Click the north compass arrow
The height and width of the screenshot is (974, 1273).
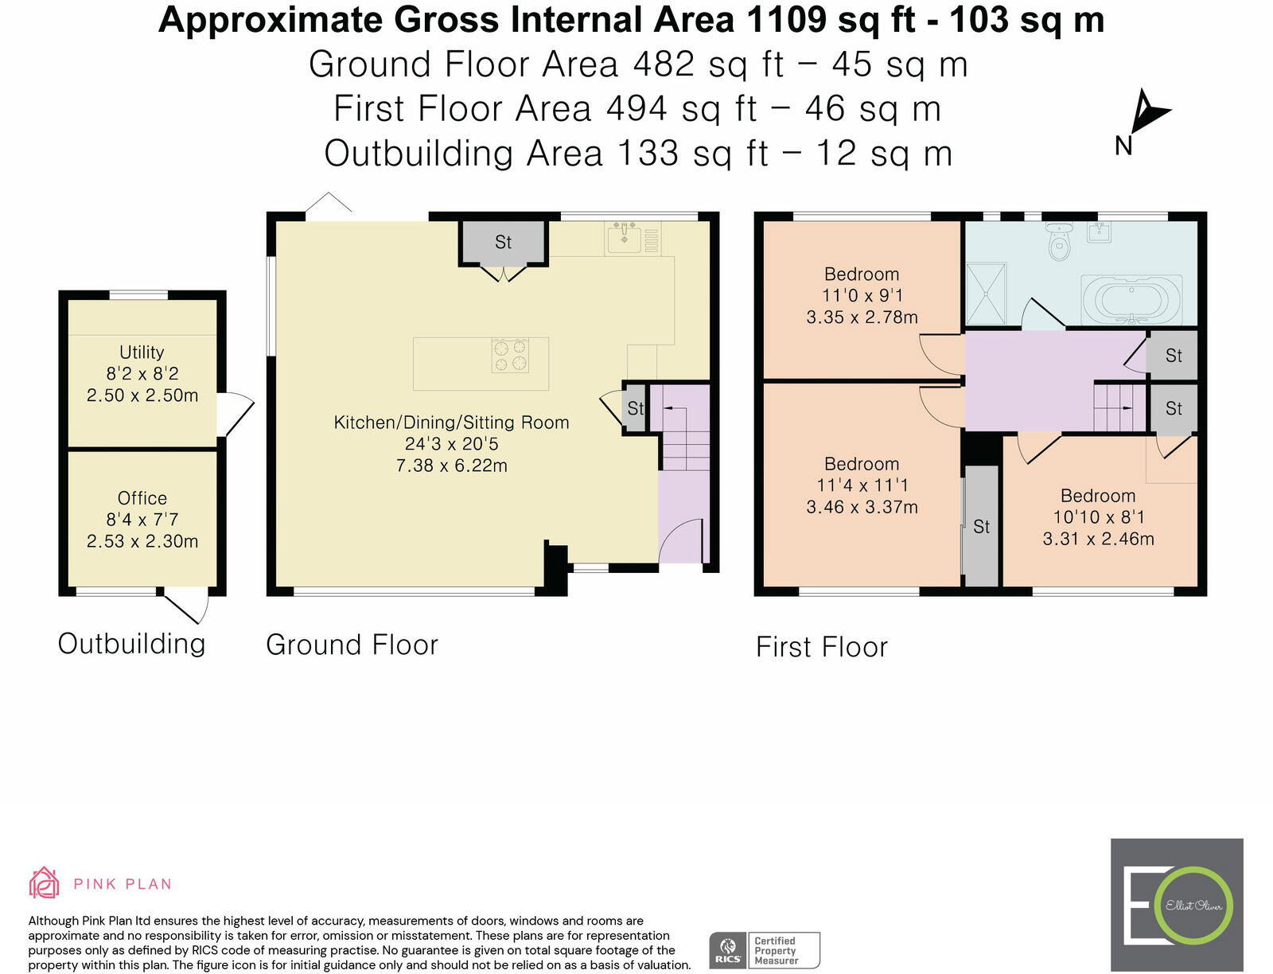pyautogui.click(x=1148, y=114)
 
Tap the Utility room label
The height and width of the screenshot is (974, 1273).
pyautogui.click(x=142, y=353)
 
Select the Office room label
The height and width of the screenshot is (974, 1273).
pyautogui.click(x=142, y=498)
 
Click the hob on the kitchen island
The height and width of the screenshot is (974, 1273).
pyautogui.click(x=510, y=355)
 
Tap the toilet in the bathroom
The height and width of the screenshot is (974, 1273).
pyautogui.click(x=1059, y=240)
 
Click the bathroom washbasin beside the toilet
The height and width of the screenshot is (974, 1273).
pyautogui.click(x=1100, y=232)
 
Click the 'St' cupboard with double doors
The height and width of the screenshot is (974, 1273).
pyautogui.click(x=503, y=242)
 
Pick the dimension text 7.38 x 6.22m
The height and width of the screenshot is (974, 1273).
pyautogui.click(x=451, y=466)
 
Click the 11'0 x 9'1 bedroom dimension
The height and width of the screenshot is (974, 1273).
pyautogui.click(x=862, y=296)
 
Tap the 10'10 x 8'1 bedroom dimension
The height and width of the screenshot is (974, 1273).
pyautogui.click(x=1098, y=517)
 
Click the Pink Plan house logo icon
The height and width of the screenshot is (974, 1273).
pyautogui.click(x=45, y=882)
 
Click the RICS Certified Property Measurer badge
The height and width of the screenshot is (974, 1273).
pyautogui.click(x=765, y=950)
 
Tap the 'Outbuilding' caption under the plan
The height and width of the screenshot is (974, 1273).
pyautogui.click(x=132, y=644)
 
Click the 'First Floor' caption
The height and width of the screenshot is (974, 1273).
pyautogui.click(x=821, y=647)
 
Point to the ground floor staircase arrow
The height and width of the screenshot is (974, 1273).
pyautogui.click(x=673, y=407)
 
